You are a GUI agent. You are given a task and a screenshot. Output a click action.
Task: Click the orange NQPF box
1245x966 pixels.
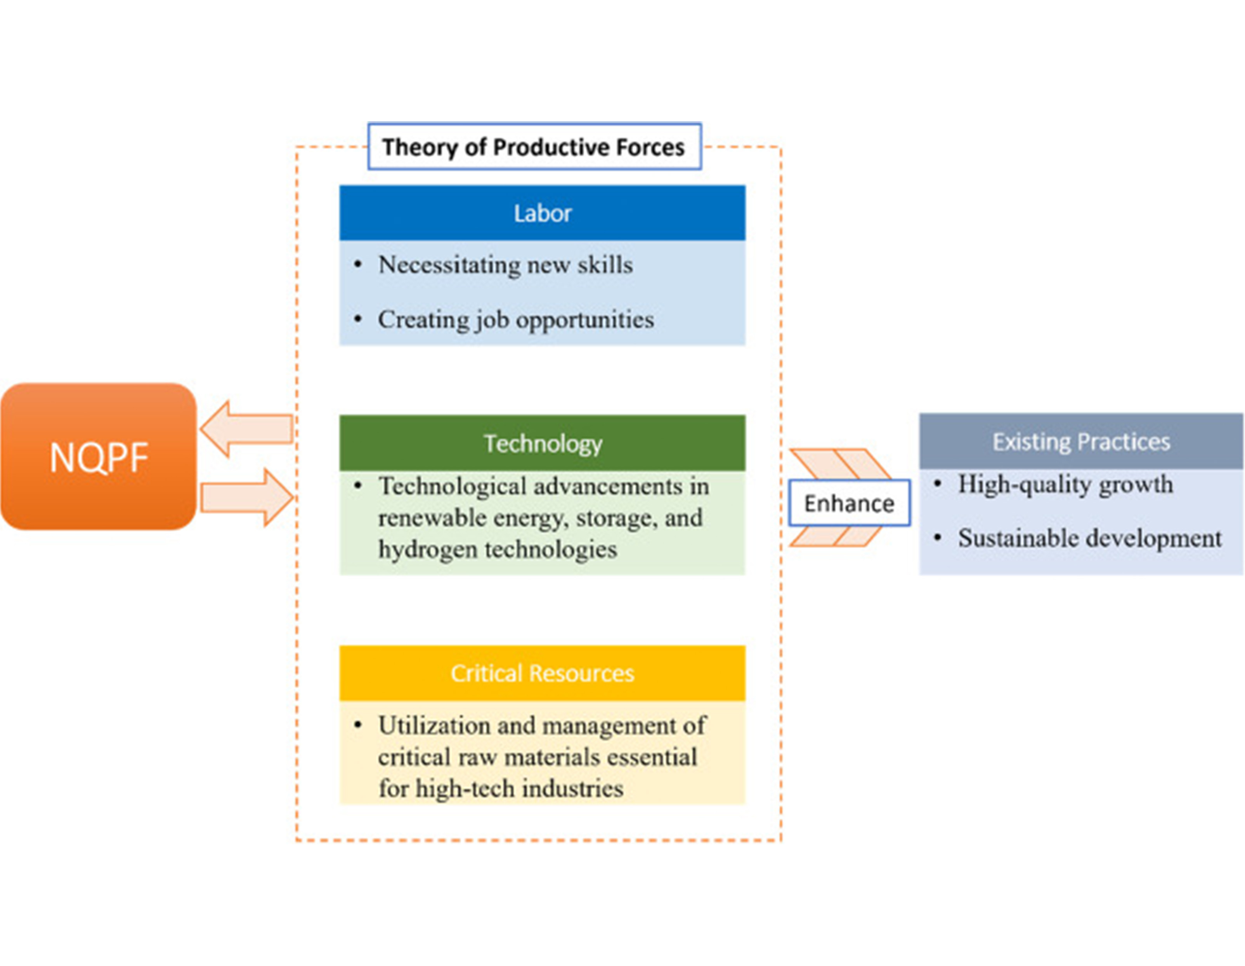(x=99, y=456)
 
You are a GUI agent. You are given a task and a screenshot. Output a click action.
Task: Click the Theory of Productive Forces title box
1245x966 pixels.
(x=534, y=146)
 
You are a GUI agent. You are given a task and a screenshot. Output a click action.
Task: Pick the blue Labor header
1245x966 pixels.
(x=542, y=213)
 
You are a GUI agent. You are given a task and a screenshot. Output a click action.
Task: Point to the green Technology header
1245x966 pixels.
(x=542, y=443)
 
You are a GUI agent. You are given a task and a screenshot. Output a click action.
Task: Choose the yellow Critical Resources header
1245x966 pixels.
(x=542, y=673)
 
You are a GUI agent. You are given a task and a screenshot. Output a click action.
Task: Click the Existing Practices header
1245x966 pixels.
(x=1081, y=441)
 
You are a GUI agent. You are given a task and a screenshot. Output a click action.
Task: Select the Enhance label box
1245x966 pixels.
(x=849, y=503)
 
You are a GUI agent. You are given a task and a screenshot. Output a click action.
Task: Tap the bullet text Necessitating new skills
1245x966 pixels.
(x=505, y=264)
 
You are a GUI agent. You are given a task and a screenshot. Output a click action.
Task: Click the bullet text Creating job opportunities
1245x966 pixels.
(x=515, y=319)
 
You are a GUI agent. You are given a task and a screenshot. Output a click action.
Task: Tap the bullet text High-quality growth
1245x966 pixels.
(x=1065, y=484)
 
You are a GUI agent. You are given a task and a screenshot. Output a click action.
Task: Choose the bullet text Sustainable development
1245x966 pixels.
(x=1089, y=538)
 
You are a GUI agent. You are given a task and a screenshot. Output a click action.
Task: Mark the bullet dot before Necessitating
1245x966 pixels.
(x=358, y=264)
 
